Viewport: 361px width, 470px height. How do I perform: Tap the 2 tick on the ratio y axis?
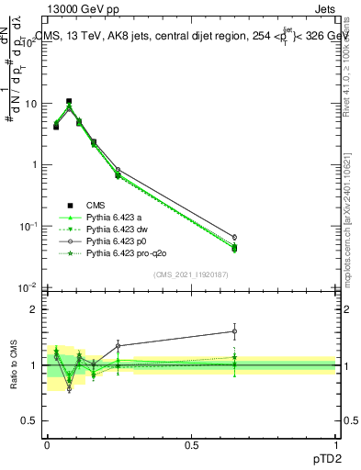(33, 309)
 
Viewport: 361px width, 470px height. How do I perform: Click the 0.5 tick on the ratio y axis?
(30, 420)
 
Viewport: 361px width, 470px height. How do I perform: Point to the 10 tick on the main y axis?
(29, 104)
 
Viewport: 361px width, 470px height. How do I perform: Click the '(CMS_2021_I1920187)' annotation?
(191, 274)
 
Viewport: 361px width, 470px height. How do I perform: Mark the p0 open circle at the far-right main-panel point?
(234, 237)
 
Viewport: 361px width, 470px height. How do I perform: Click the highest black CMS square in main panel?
(69, 101)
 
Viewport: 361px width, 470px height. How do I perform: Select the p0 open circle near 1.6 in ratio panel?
(234, 331)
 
